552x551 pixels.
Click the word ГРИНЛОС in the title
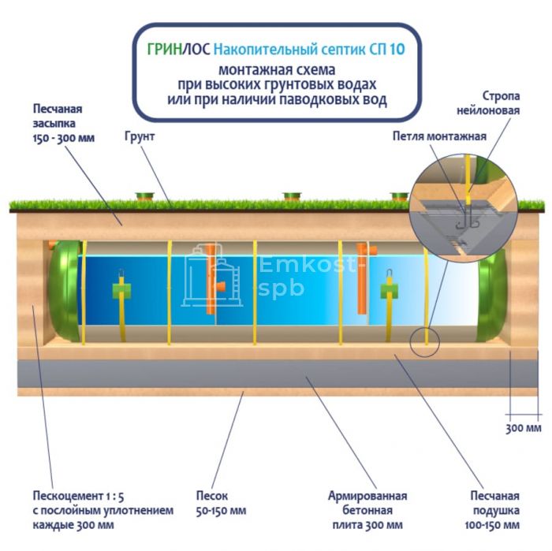[x=178, y=49]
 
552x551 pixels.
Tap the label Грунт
[x=139, y=136]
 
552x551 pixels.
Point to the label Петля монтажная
[x=439, y=136]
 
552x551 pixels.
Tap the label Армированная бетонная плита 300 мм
[x=367, y=509]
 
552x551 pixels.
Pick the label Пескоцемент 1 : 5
[x=75, y=496]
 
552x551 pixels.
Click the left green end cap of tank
[x=65, y=292]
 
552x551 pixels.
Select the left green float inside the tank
[x=121, y=292]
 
